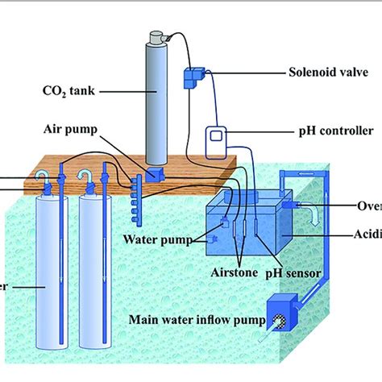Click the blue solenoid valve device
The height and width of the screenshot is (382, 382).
195,77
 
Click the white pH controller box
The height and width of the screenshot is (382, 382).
217,142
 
